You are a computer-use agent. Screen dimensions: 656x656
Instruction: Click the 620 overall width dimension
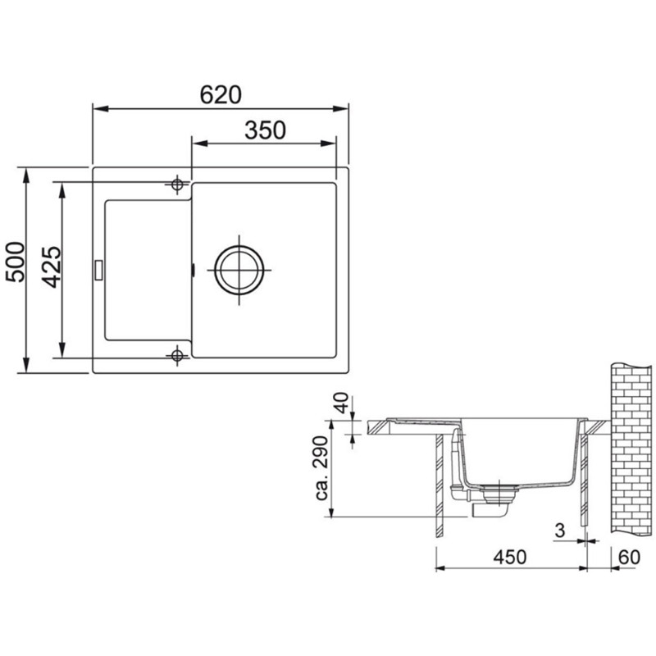coord(221,95)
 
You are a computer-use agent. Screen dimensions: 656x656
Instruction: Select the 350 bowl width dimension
coord(264,130)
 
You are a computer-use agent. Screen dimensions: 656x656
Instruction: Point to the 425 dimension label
coord(50,267)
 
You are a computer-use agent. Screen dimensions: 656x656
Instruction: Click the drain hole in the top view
coord(239,270)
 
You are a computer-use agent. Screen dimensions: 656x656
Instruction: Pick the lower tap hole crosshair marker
coord(176,355)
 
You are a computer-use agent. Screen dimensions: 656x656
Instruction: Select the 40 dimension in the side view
coord(343,405)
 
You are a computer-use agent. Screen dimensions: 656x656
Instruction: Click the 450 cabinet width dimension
coord(509,558)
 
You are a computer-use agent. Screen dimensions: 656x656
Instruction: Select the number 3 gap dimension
coord(560,531)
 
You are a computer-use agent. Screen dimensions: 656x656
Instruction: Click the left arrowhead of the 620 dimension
coord(97,107)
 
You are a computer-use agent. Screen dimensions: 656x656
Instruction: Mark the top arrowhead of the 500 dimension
coord(27,173)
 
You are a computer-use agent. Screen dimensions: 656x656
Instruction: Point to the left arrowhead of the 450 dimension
coord(440,568)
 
